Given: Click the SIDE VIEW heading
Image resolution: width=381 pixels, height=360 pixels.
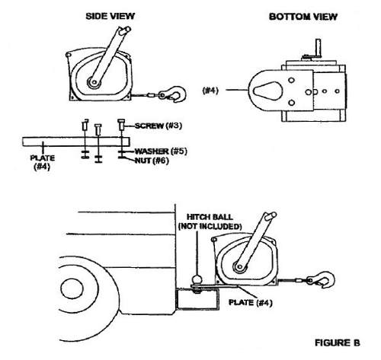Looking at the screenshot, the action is pyautogui.click(x=110, y=16).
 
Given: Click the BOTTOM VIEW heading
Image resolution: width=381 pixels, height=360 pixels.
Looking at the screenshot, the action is pyautogui.click(x=303, y=17).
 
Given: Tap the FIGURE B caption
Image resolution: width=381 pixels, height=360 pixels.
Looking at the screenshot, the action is pyautogui.click(x=338, y=342).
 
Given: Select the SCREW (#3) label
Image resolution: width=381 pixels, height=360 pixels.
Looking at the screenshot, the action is pyautogui.click(x=158, y=126).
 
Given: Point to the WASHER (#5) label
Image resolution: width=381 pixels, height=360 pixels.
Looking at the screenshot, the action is pyautogui.click(x=161, y=151).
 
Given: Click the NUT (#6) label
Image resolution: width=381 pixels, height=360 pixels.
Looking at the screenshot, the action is pyautogui.click(x=152, y=161).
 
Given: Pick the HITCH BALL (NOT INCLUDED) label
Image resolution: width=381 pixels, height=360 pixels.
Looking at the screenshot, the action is pyautogui.click(x=210, y=221).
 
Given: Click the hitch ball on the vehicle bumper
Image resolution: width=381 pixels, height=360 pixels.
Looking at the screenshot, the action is pyautogui.click(x=197, y=280).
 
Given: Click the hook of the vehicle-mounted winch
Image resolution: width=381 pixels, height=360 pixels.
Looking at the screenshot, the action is pyautogui.click(x=322, y=279).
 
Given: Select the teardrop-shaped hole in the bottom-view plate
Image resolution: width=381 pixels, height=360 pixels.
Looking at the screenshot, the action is pyautogui.click(x=267, y=91).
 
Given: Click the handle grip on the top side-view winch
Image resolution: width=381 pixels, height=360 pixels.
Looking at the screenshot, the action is pyautogui.click(x=124, y=30).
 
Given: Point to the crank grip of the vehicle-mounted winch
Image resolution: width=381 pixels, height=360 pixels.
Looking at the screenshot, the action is pyautogui.click(x=270, y=216).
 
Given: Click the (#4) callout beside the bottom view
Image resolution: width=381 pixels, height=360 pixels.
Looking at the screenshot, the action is pyautogui.click(x=210, y=91).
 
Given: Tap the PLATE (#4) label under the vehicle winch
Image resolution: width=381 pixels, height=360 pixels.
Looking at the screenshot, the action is pyautogui.click(x=251, y=303).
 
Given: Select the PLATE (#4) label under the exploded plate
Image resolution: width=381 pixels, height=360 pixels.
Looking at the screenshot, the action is pyautogui.click(x=43, y=162).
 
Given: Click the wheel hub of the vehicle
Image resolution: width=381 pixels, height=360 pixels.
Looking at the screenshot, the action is pyautogui.click(x=72, y=288).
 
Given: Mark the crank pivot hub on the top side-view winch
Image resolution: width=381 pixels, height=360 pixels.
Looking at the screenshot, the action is pyautogui.click(x=94, y=82).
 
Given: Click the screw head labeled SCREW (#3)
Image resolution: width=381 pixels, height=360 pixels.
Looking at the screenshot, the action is pyautogui.click(x=121, y=121).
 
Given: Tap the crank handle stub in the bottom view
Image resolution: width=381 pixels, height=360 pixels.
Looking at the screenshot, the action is pyautogui.click(x=318, y=48).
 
